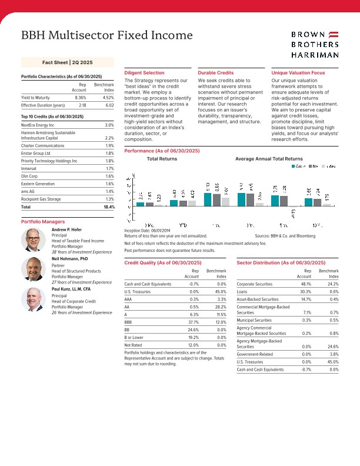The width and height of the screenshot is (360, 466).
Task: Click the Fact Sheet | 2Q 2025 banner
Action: tap(68, 62)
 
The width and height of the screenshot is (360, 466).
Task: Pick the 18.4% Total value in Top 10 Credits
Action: tap(109, 207)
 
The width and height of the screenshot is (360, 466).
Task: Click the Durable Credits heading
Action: tap(216, 72)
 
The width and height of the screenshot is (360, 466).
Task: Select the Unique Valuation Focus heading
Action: tap(298, 72)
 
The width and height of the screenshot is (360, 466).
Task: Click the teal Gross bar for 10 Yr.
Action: tap(309, 202)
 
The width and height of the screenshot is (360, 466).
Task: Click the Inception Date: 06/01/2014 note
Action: tap(147, 229)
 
